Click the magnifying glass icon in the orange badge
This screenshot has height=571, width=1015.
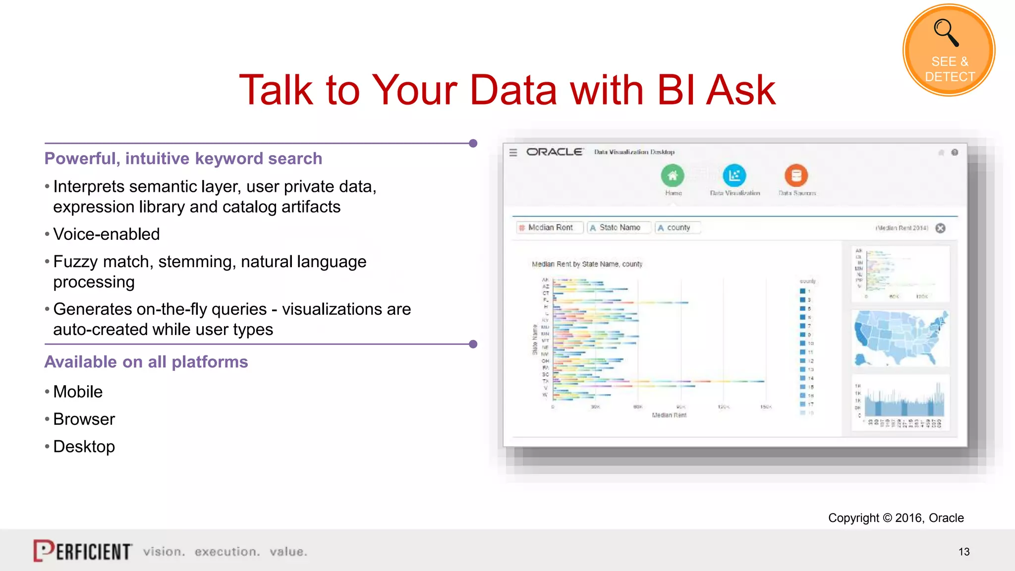pos(946,33)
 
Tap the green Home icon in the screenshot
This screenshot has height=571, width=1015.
pos(673,175)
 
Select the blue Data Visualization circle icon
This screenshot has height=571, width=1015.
pos(734,175)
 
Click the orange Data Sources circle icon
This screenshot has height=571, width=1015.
pos(796,175)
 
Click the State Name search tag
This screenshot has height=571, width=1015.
pos(619,228)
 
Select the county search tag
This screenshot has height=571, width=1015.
pos(677,228)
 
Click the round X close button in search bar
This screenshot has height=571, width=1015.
pos(940,228)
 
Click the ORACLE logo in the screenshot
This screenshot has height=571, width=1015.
pos(554,152)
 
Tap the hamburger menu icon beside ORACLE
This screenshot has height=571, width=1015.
pos(513,153)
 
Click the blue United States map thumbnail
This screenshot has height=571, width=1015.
pos(901,338)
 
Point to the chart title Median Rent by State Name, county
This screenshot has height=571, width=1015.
pos(587,264)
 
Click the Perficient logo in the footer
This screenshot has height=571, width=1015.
pos(83,551)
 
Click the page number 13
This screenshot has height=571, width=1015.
pos(963,552)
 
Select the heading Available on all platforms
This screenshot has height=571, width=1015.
pos(146,362)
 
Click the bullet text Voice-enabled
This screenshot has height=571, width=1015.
pos(106,234)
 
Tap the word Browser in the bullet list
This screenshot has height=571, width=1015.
pos(84,419)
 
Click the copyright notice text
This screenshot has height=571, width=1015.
pos(896,518)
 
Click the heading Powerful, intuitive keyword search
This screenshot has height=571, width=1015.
pos(183,159)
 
